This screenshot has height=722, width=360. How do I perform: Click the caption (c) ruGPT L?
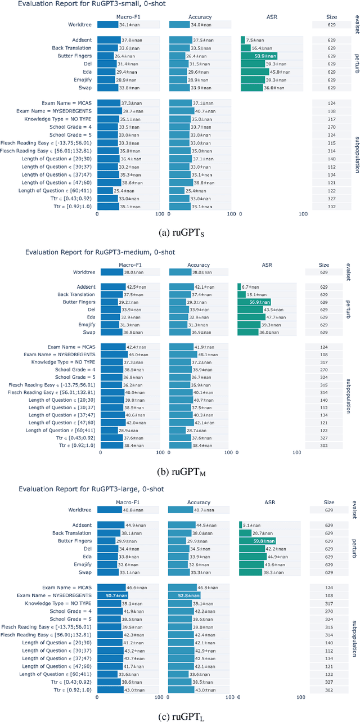[x=180, y=712]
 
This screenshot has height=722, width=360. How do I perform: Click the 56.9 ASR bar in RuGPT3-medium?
[x=254, y=302]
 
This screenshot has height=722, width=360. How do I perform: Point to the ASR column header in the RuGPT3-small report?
[x=272, y=17]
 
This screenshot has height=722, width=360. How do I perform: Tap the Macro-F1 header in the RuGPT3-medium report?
[x=128, y=263]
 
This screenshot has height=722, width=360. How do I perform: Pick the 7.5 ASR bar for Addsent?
[x=243, y=40]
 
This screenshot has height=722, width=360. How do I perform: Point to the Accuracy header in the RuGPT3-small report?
[x=200, y=17]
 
